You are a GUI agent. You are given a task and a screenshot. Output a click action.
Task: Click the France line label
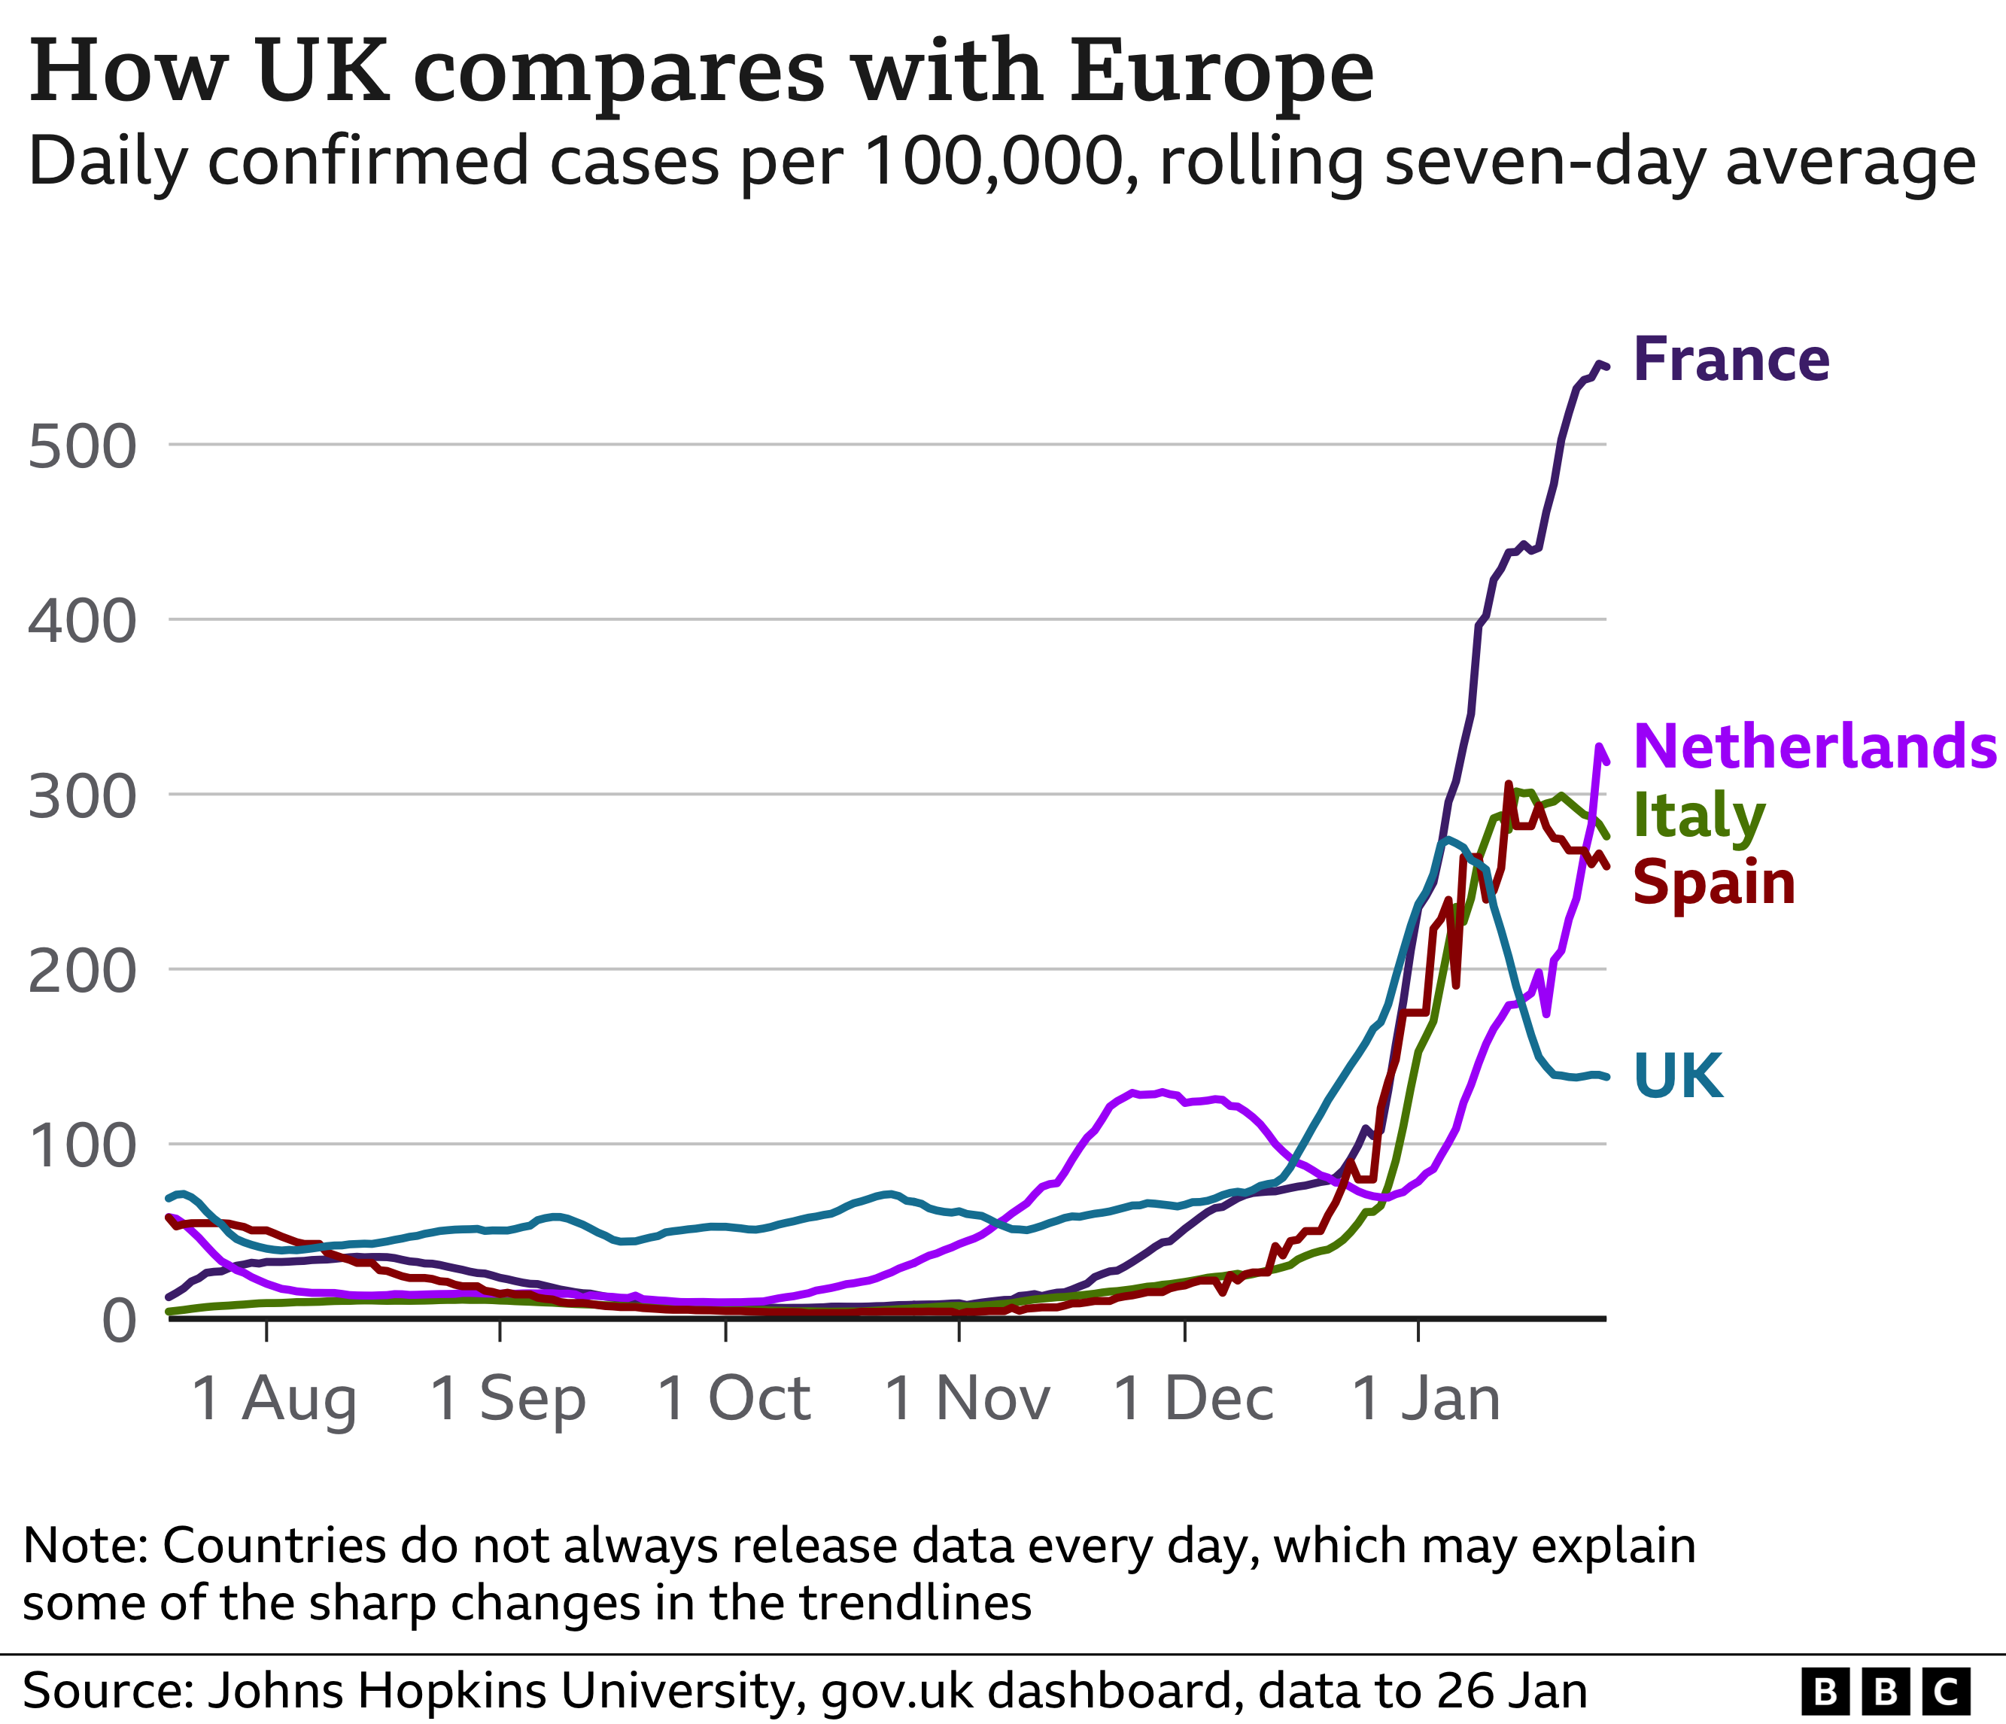pyautogui.click(x=1731, y=360)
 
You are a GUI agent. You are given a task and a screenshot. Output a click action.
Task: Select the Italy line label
pyautogui.click(x=1699, y=816)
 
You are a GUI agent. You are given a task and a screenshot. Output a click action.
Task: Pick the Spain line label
pyautogui.click(x=1713, y=883)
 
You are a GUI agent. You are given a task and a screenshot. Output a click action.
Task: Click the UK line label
pyautogui.click(x=1679, y=1075)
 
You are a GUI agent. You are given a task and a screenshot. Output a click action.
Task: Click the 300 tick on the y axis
pyautogui.click(x=82, y=797)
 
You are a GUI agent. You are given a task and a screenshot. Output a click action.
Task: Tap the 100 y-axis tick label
pyautogui.click(x=82, y=1146)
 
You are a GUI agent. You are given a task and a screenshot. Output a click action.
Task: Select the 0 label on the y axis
pyautogui.click(x=118, y=1321)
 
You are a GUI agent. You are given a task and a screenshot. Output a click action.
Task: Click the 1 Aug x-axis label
pyautogui.click(x=274, y=1399)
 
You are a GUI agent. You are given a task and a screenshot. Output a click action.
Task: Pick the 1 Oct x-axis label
pyautogui.click(x=733, y=1399)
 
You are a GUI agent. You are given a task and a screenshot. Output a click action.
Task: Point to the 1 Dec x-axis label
pyautogui.click(x=1193, y=1399)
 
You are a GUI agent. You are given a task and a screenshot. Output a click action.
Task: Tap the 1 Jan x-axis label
pyautogui.click(x=1425, y=1399)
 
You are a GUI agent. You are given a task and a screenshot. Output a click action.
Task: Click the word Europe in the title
pyautogui.click(x=1221, y=72)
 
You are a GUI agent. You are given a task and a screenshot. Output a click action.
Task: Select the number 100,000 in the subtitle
pyautogui.click(x=997, y=161)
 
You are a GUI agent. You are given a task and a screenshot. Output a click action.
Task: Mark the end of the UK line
pyautogui.click(x=1606, y=1076)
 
